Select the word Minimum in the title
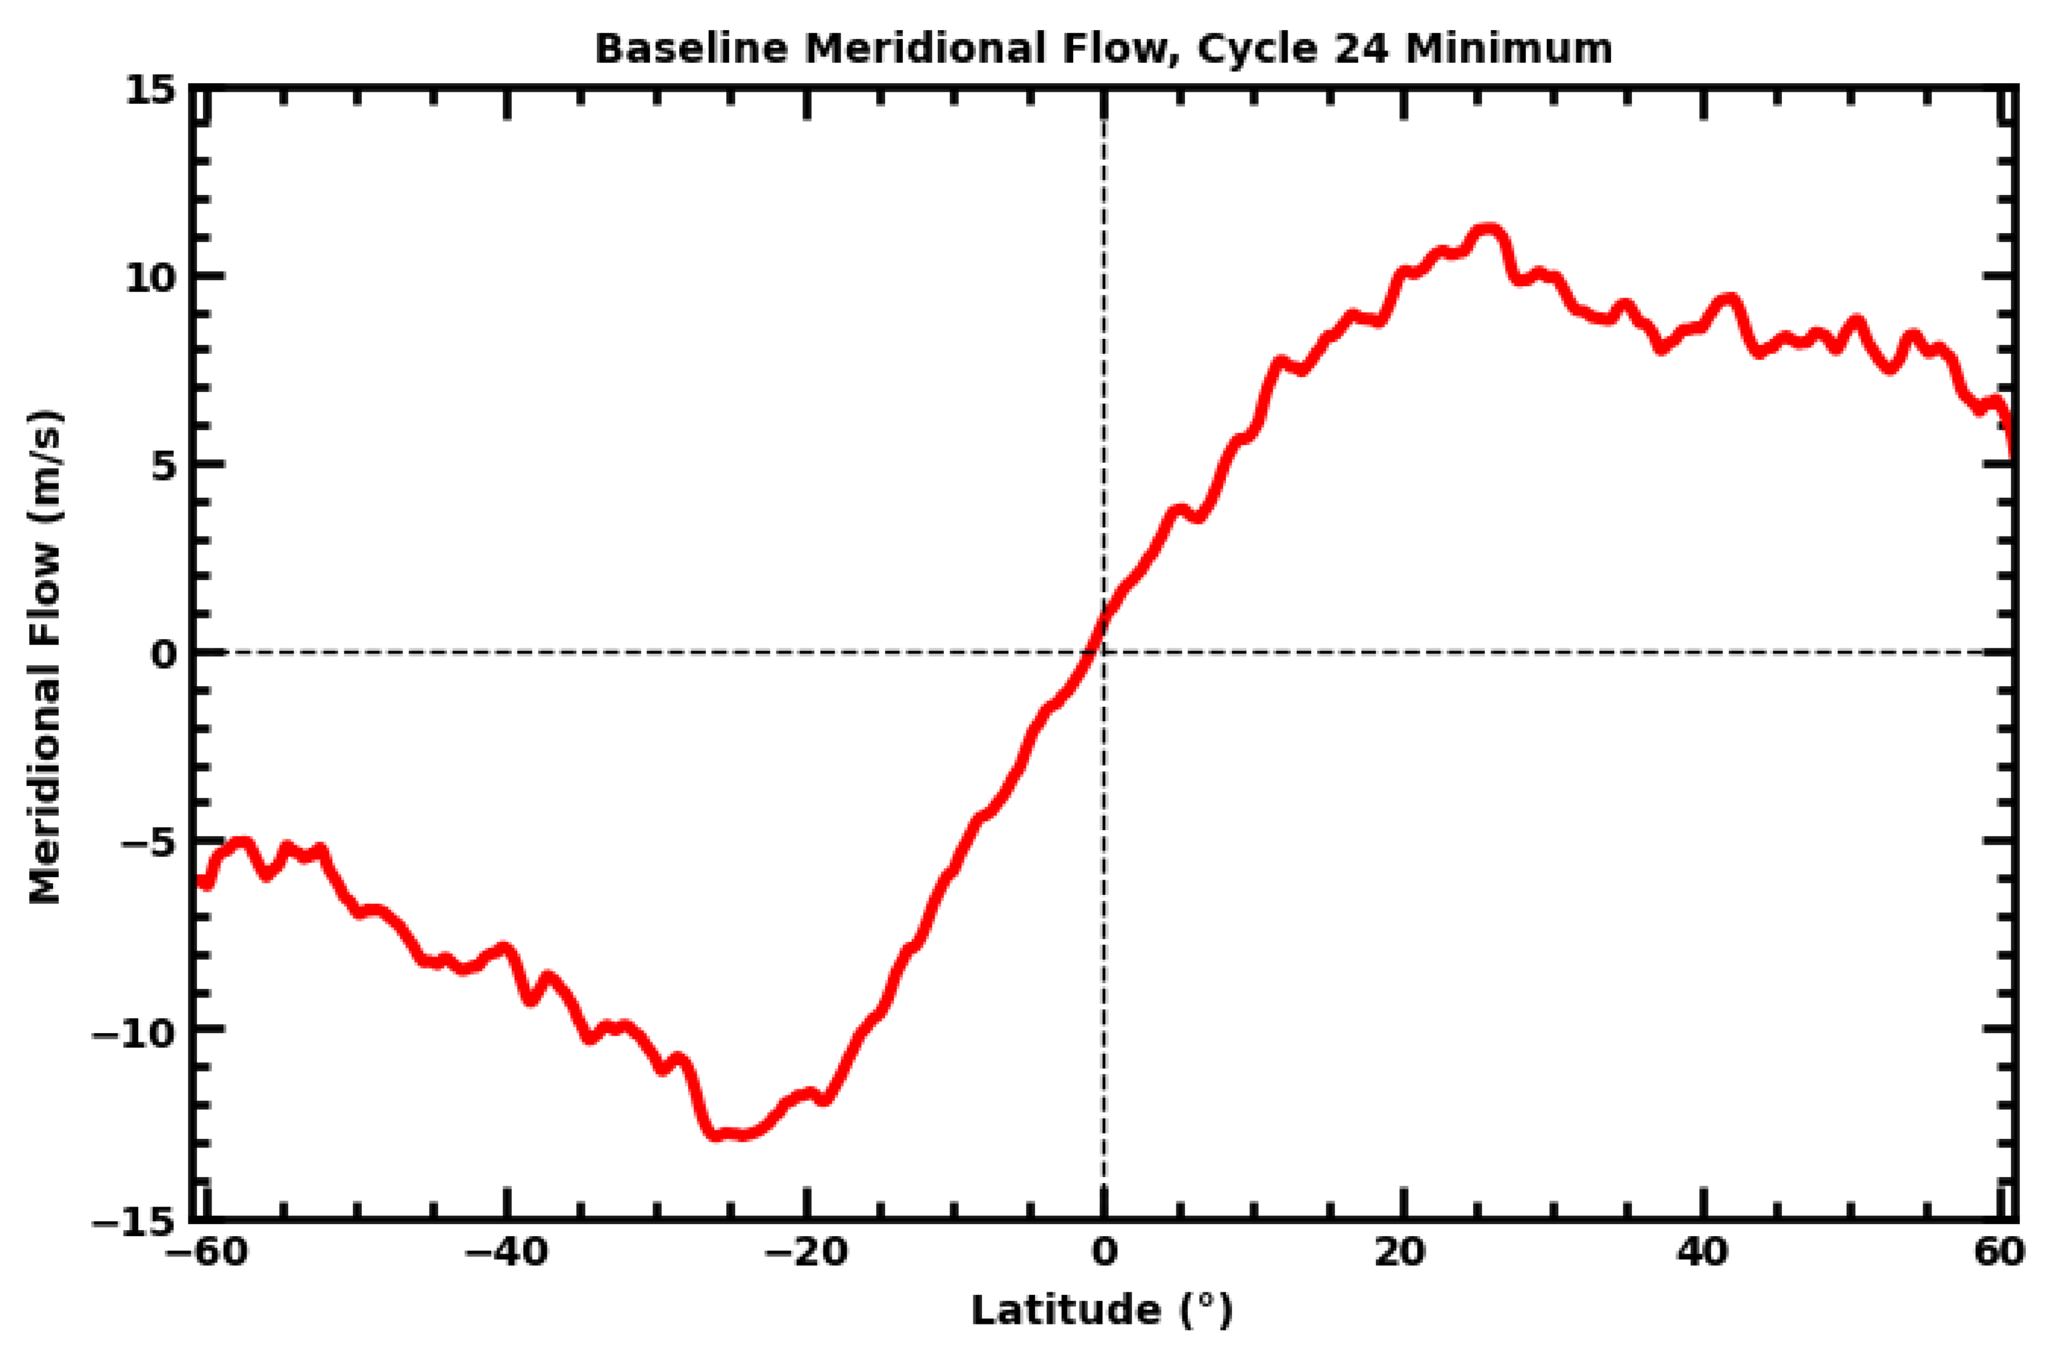point(1509,49)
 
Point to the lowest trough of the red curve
point(717,1134)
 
